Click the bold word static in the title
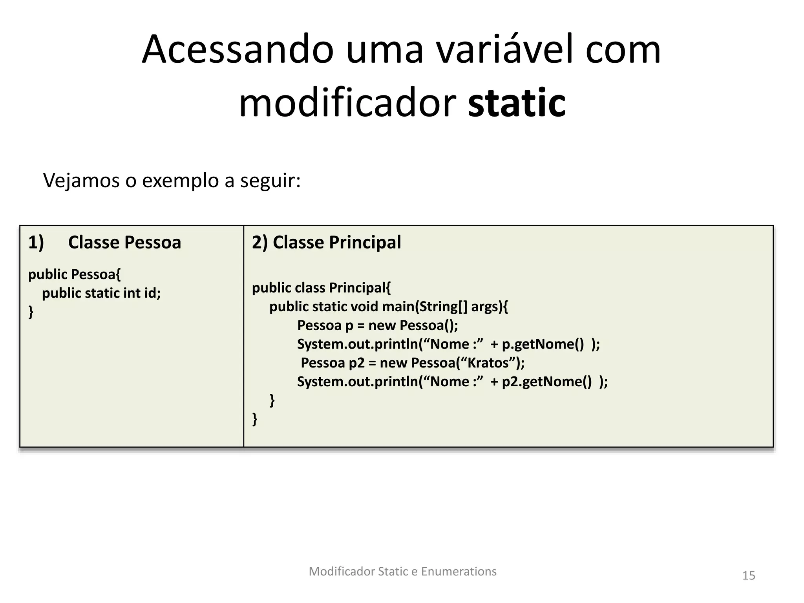point(517,103)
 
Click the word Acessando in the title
point(238,50)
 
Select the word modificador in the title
point(347,103)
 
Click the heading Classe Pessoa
point(124,242)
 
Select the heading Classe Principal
point(336,242)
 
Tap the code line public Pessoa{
point(74,274)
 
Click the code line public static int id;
point(101,293)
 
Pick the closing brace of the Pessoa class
point(31,312)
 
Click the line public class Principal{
point(321,288)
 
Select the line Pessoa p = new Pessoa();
point(378,325)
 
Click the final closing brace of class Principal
point(255,419)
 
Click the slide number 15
point(749,576)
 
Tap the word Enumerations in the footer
point(459,572)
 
